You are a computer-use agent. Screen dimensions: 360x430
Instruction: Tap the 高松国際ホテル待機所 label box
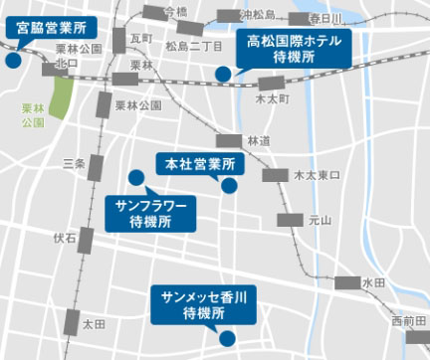pyautogui.click(x=293, y=48)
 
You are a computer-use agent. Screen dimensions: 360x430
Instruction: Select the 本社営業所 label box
pyautogui.click(x=199, y=163)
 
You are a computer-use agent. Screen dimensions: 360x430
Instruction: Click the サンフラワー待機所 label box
pyautogui.click(x=150, y=212)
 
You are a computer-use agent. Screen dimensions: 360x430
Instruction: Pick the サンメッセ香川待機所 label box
pyautogui.click(x=203, y=303)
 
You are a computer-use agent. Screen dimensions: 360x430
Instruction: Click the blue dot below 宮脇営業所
pyautogui.click(x=13, y=60)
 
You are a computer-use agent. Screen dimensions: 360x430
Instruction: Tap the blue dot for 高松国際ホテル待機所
pyautogui.click(x=224, y=73)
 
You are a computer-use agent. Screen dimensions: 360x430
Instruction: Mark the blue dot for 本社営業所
pyautogui.click(x=229, y=185)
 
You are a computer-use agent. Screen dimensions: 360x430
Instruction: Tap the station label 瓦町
pyautogui.click(x=141, y=37)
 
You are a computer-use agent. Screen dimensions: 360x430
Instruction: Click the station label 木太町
pyautogui.click(x=271, y=100)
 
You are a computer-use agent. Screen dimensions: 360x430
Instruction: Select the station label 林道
pyautogui.click(x=258, y=140)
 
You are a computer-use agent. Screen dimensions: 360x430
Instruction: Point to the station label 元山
pyautogui.click(x=321, y=220)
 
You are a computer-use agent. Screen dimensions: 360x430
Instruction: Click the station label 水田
pyautogui.click(x=373, y=282)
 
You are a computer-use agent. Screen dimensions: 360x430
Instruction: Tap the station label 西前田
pyautogui.click(x=407, y=320)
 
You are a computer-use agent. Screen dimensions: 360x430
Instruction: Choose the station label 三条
pyautogui.click(x=73, y=163)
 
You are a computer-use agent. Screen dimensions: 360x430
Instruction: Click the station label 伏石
pyautogui.click(x=65, y=238)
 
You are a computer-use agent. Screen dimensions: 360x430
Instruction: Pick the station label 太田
pyautogui.click(x=94, y=324)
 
